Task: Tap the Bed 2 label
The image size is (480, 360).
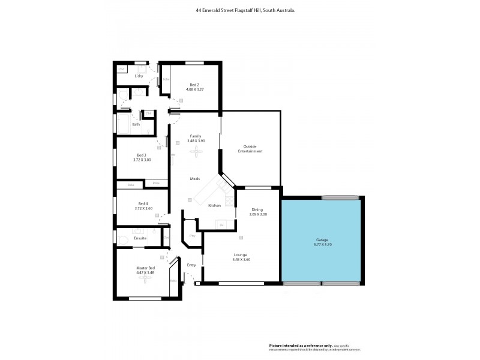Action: tap(194, 85)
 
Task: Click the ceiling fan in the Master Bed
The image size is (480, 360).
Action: tap(145, 278)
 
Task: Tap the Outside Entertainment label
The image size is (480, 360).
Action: tap(253, 149)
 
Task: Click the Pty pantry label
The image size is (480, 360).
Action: tap(192, 236)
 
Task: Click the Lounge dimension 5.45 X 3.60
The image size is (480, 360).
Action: tap(241, 259)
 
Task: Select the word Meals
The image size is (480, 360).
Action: tap(195, 179)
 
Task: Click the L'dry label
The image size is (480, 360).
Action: tap(139, 76)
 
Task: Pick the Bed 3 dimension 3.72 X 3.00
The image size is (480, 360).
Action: tap(142, 160)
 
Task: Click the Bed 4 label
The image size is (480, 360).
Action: tap(142, 203)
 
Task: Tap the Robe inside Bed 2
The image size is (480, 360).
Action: tap(166, 79)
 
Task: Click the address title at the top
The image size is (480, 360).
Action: tap(245, 10)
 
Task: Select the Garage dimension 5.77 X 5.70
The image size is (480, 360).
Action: tap(322, 245)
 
